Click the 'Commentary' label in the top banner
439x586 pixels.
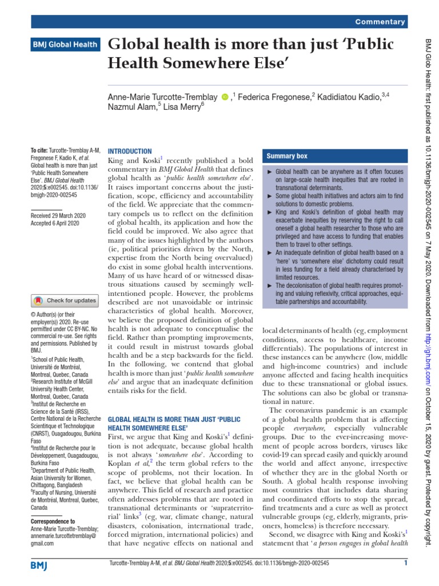(380, 22)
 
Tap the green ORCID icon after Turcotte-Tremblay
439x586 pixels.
(225, 98)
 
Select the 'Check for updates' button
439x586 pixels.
(64, 300)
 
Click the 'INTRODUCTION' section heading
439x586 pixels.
(130, 151)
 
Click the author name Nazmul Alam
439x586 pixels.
(131, 109)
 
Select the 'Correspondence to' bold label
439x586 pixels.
(53, 521)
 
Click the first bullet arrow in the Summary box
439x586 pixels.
(270, 172)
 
